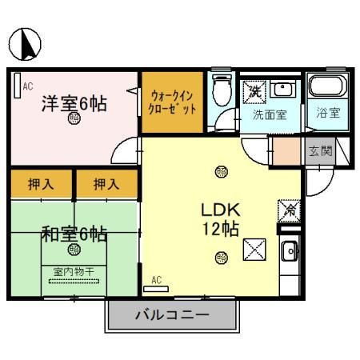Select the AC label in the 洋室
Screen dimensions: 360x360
[27, 84]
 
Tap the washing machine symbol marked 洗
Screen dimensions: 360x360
[254, 90]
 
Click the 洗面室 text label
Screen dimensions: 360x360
[270, 114]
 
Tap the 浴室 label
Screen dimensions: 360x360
[327, 113]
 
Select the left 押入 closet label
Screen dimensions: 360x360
[42, 184]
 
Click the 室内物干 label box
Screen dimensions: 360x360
[74, 272]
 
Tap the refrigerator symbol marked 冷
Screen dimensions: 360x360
[286, 210]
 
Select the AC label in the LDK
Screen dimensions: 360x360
[157, 280]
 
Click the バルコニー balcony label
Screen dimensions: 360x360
[173, 315]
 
